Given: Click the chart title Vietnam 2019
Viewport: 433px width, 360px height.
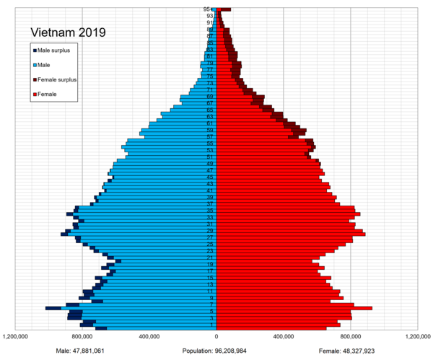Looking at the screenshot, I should coord(67,32).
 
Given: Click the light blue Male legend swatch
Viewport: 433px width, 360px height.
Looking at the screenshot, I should coord(34,65).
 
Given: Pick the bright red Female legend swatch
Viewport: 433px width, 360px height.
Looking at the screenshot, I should coord(34,95).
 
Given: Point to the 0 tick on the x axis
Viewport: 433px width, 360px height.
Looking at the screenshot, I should coord(216,336).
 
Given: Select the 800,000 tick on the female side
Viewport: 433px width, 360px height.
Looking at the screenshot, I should coord(350,336).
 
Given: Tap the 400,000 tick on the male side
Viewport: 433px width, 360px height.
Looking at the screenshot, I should coord(149,336).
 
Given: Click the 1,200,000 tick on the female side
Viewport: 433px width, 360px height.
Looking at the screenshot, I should coord(417,336).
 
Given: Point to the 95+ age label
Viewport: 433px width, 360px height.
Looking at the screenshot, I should coord(208,9).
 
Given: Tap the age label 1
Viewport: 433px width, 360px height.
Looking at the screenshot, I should coord(210,325).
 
